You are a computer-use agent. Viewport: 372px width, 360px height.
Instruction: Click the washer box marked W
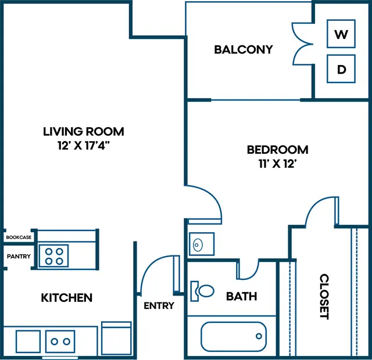click(341, 34)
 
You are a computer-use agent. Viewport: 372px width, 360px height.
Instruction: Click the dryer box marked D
click(341, 69)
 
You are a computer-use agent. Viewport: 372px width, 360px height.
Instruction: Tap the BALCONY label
click(244, 49)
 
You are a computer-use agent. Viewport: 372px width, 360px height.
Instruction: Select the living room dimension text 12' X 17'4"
click(84, 145)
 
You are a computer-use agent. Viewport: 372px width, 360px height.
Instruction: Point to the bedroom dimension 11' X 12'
click(278, 164)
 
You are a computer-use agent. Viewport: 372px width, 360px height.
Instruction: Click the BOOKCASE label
click(19, 237)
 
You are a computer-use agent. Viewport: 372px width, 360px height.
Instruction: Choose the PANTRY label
click(19, 256)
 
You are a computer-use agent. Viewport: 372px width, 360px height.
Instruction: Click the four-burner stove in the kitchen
click(54, 256)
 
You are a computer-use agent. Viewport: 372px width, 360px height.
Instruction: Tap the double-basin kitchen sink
click(60, 341)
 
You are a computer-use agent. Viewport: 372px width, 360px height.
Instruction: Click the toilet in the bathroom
click(202, 291)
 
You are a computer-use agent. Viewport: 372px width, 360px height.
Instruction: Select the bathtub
click(234, 337)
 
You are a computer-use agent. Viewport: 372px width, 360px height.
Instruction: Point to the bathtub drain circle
click(259, 336)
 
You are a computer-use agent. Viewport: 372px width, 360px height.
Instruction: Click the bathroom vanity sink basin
click(198, 244)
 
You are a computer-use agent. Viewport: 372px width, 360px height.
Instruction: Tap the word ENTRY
click(159, 306)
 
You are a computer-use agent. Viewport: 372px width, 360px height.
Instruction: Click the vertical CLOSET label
click(324, 297)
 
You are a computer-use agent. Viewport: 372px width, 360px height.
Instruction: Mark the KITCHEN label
click(67, 298)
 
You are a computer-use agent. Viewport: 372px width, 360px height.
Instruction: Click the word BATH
click(242, 296)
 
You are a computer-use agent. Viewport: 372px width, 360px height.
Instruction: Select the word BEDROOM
click(278, 150)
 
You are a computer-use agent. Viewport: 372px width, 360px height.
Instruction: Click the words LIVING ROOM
click(84, 132)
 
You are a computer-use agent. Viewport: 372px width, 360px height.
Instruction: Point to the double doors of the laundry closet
click(302, 44)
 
